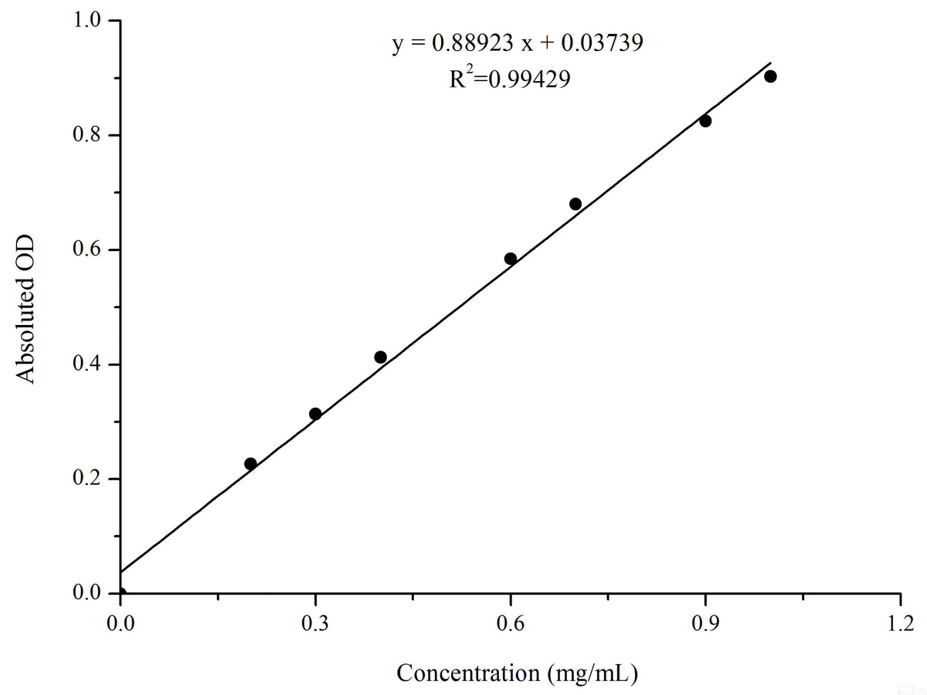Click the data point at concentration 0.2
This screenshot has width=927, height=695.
250,464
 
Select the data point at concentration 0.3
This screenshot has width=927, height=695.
315,414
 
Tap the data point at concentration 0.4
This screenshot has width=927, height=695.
380,357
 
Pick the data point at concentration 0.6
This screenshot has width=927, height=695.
511,259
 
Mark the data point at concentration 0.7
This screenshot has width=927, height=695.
576,204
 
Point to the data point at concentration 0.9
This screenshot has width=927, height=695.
705,120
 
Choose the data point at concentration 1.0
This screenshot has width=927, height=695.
770,76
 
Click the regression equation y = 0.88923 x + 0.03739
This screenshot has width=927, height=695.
518,43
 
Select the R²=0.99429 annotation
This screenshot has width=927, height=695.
510,79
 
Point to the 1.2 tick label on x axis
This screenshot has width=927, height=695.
901,622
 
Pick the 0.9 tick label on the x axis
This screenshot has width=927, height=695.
705,622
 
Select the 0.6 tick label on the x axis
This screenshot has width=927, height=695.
511,622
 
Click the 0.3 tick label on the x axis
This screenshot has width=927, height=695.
315,622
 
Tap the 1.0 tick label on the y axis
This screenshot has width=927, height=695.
86,21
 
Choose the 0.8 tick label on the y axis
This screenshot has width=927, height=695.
86,135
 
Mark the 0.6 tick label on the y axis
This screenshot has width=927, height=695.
86,250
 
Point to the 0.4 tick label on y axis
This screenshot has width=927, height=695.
86,364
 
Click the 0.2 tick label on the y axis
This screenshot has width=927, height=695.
86,479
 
